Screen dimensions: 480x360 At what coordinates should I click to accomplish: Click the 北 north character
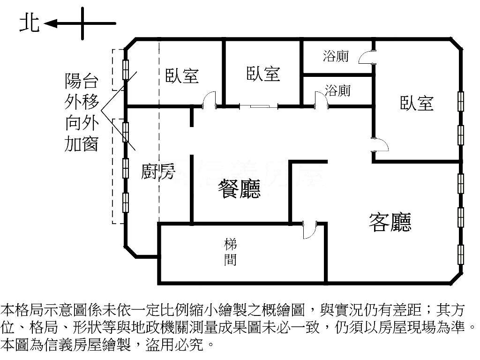pyautogui.click(x=30, y=23)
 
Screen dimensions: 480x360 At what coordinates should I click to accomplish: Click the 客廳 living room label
pyautogui.click(x=390, y=222)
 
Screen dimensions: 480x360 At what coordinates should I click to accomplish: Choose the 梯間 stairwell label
pyautogui.click(x=230, y=253)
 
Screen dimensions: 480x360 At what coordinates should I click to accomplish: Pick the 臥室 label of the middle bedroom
pyautogui.click(x=263, y=74)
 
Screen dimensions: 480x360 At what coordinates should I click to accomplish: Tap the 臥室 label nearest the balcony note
pyautogui.click(x=182, y=75)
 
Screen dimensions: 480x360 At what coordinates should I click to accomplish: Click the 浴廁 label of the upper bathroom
pyautogui.click(x=336, y=56)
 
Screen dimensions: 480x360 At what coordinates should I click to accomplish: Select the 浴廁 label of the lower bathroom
pyautogui.click(x=337, y=90)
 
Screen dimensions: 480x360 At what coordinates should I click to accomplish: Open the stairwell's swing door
pyautogui.click(x=309, y=230)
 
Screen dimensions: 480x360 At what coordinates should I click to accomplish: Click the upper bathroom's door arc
pyautogui.click(x=366, y=57)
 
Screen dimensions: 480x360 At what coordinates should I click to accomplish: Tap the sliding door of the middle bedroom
pyautogui.click(x=259, y=106)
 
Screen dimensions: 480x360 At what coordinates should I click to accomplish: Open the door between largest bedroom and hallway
pyautogui.click(x=380, y=144)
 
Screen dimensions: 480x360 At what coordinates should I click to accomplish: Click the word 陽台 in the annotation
pyautogui.click(x=82, y=81)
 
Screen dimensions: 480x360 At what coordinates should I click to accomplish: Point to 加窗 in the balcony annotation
pyautogui.click(x=82, y=143)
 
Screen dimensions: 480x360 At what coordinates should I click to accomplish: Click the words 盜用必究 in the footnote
pyautogui.click(x=174, y=345)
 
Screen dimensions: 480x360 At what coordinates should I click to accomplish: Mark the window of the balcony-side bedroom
pyautogui.click(x=126, y=70)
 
